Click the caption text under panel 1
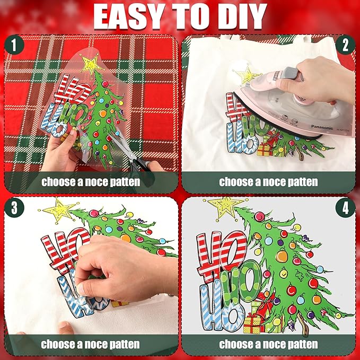[91, 182]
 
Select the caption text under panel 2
[268, 182]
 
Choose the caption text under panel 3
[91, 344]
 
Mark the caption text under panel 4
[268, 344]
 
